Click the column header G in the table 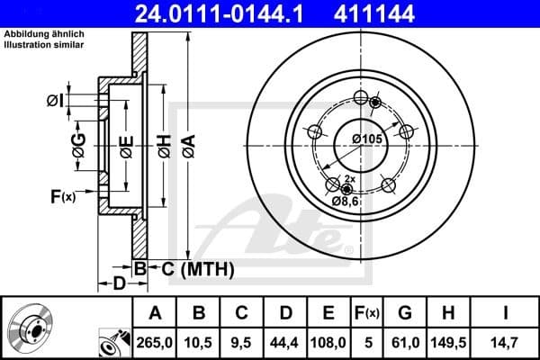(405, 313)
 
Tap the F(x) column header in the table (366, 313)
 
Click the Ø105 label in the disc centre (368, 138)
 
